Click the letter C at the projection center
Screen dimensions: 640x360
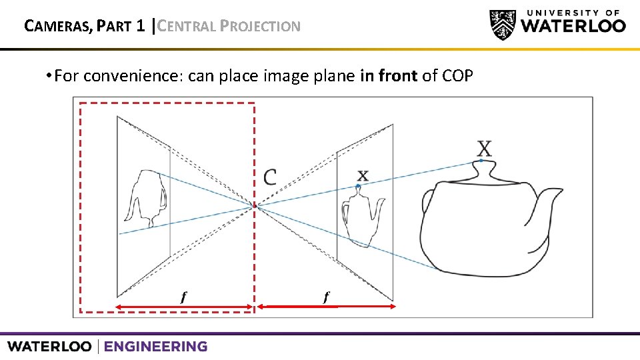[270, 177]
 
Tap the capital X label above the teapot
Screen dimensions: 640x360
[485, 149]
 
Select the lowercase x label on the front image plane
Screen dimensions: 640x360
[362, 175]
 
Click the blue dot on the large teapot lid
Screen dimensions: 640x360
[481, 161]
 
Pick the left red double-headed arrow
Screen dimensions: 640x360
[183, 307]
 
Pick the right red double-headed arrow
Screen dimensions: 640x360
[327, 306]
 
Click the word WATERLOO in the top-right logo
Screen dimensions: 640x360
[573, 27]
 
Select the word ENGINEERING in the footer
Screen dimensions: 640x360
[155, 347]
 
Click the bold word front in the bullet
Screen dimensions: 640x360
[397, 75]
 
